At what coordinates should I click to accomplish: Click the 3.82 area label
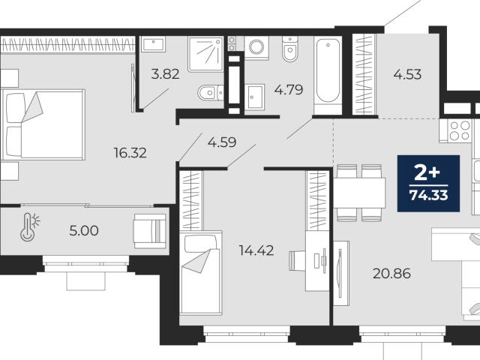(x=165, y=74)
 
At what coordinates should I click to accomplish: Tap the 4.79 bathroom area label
(x=289, y=90)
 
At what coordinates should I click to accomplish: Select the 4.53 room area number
(x=407, y=74)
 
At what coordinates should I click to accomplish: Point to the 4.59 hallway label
(x=222, y=142)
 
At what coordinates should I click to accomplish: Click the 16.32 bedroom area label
(x=130, y=153)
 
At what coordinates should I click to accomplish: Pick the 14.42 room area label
(x=256, y=250)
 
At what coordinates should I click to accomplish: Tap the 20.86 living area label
(x=391, y=273)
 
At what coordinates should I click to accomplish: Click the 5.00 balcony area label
(x=84, y=231)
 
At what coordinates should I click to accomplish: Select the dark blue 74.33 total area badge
(x=428, y=183)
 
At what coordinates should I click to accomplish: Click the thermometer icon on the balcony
(x=29, y=226)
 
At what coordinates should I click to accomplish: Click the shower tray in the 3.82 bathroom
(x=205, y=54)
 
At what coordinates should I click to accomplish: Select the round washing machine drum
(x=256, y=46)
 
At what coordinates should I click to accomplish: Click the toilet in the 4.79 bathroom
(x=290, y=49)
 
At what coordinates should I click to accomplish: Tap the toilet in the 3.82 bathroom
(x=210, y=92)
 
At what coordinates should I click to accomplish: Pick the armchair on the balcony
(x=150, y=231)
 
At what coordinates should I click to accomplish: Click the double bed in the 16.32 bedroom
(x=43, y=124)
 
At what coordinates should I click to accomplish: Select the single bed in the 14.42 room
(x=200, y=273)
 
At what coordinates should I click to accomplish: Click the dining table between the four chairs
(x=359, y=193)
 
